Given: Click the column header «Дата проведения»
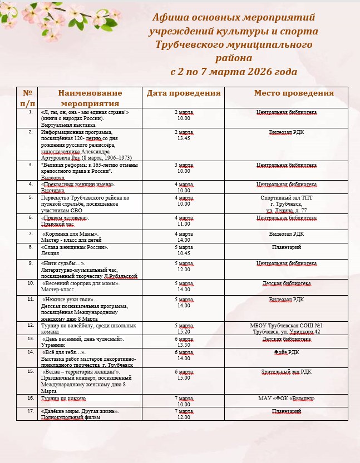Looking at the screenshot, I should (x=184, y=93).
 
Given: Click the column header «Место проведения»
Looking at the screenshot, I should (x=294, y=93).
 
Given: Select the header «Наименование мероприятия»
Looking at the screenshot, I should (x=90, y=98).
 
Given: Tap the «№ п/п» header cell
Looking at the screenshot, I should (x=28, y=98).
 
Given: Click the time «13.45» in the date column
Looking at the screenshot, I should (x=184, y=138).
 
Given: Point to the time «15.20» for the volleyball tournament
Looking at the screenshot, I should (x=184, y=332).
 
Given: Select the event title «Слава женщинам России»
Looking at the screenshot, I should (x=75, y=247).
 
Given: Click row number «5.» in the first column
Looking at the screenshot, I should (x=31, y=197).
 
